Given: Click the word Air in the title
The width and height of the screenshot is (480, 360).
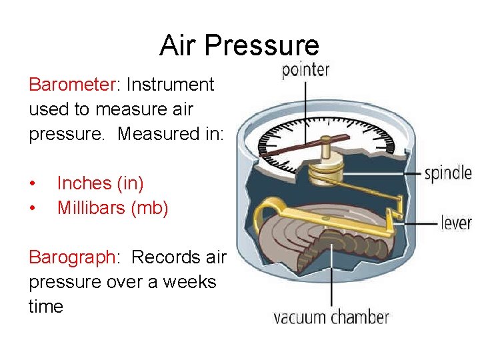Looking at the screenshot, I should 179,46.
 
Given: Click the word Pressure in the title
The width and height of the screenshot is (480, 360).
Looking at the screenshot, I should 261,46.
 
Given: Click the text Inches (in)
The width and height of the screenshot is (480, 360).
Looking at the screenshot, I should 100,183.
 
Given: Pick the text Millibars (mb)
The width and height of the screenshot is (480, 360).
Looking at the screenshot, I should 113,208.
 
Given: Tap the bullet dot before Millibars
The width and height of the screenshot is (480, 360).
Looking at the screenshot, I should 33,209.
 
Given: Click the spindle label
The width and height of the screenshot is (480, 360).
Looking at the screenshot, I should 448,173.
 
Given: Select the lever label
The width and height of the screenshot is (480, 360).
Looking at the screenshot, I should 456,222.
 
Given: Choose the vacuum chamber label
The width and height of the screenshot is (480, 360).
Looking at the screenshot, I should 331,317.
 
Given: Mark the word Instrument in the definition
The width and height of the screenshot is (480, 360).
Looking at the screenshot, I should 170,85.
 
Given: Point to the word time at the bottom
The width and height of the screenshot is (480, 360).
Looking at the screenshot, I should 46,307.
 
